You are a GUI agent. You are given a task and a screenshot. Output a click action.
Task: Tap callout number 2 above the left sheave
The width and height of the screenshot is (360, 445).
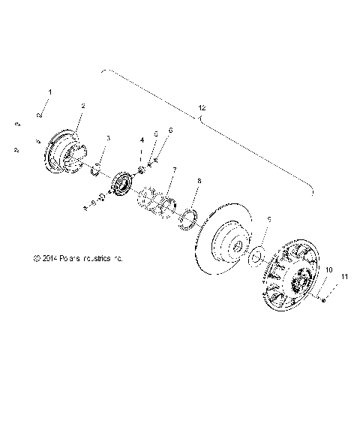(x=82, y=106)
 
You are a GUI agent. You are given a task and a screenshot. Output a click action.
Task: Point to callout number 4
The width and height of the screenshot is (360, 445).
(x=141, y=140)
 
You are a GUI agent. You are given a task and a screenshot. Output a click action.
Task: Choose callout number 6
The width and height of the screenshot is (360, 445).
(x=170, y=131)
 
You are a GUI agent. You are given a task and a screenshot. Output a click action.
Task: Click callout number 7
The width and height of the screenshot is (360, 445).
(x=174, y=170)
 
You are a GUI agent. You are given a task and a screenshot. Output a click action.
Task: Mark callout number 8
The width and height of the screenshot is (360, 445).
(x=198, y=182)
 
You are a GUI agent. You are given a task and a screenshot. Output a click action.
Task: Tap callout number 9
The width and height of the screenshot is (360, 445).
(x=269, y=218)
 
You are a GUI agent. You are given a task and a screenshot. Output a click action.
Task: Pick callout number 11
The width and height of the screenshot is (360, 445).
(x=346, y=278)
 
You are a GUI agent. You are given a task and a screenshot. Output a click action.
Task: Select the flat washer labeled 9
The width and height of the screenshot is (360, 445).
(x=256, y=256)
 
